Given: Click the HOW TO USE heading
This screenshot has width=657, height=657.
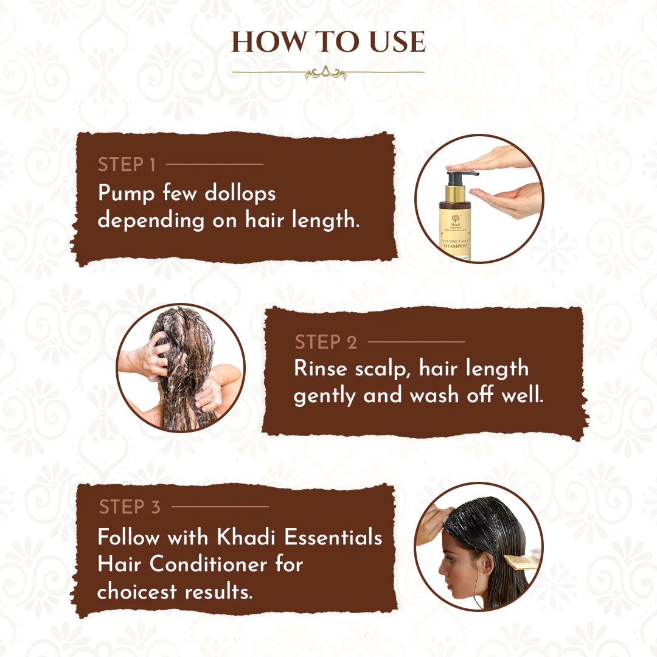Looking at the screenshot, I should (328, 41).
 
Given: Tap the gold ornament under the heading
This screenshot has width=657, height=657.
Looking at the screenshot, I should (326, 74).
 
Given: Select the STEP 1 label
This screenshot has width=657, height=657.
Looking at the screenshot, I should (127, 165).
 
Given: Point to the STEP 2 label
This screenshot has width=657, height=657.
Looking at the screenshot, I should (326, 342).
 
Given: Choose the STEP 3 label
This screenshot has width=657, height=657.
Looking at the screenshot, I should (130, 507).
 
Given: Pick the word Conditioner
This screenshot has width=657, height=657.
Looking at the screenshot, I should (210, 565).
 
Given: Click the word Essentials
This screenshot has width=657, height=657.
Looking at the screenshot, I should (333, 538).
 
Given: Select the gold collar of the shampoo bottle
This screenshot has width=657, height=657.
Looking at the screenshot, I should (454, 195).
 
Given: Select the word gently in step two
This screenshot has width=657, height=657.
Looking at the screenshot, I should (325, 396).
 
